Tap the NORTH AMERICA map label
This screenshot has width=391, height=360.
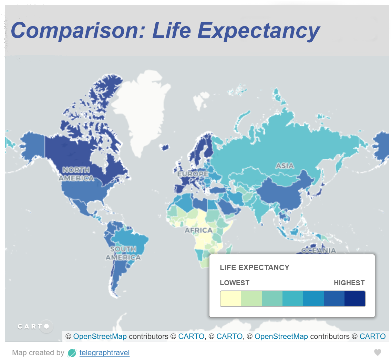[x=76, y=174]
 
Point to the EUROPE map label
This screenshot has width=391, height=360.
[x=193, y=174]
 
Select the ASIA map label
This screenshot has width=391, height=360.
[x=285, y=166]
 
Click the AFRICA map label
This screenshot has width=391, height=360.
[x=198, y=230]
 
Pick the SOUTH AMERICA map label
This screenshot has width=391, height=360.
[x=123, y=253]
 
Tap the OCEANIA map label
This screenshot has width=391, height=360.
[x=318, y=250]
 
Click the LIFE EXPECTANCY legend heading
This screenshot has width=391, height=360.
[x=255, y=267]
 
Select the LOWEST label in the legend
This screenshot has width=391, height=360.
[x=235, y=283]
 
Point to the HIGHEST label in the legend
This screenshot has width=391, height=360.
[x=349, y=283]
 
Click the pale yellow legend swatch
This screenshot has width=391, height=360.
[x=230, y=298]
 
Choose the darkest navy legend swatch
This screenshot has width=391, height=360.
[x=355, y=298]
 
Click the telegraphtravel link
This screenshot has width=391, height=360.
[x=104, y=352]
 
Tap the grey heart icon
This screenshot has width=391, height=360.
[x=378, y=352]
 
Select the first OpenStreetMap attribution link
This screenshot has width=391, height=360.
[x=100, y=336]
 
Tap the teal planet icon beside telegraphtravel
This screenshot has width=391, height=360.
[x=72, y=352]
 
